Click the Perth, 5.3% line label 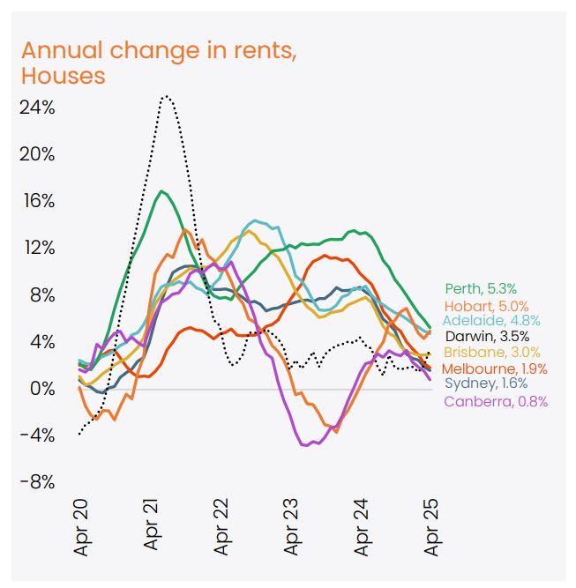482,288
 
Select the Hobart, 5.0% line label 482,304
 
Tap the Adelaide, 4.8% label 491,320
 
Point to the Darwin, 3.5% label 487,336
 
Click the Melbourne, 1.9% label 495,368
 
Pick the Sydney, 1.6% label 486,383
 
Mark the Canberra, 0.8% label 496,401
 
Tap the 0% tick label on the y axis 41,389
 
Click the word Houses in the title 63,76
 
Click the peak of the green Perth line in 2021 161,191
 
